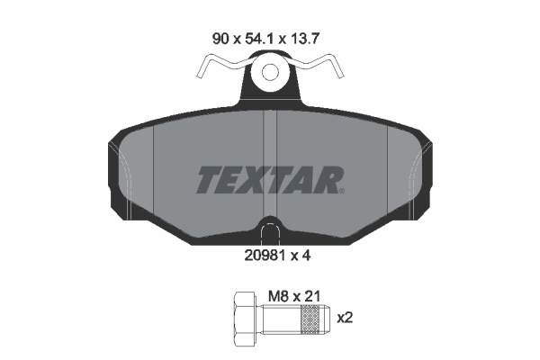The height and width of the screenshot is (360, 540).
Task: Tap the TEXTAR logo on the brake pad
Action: pyautogui.click(x=269, y=181)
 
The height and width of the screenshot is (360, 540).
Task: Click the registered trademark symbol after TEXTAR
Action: pyautogui.click(x=341, y=191)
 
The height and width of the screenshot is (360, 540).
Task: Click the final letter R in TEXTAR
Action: pyautogui.click(x=326, y=181)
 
